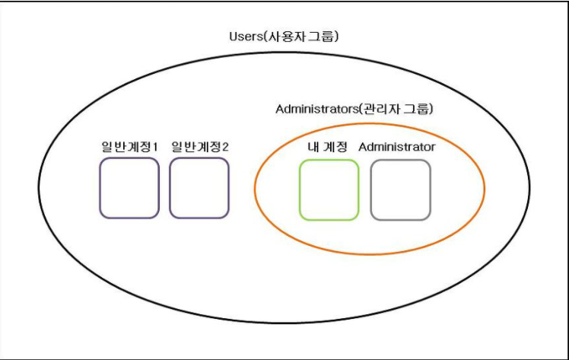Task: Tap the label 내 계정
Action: coord(328,146)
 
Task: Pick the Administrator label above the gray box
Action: coord(396,146)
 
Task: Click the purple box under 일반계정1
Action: coord(129,188)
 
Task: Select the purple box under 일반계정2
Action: coord(199,188)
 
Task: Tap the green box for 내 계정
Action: coord(329,190)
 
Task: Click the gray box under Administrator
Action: coord(400,190)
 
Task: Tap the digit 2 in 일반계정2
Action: coord(224,146)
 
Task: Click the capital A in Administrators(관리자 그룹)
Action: coord(279,109)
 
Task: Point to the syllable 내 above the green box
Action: coord(313,146)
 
